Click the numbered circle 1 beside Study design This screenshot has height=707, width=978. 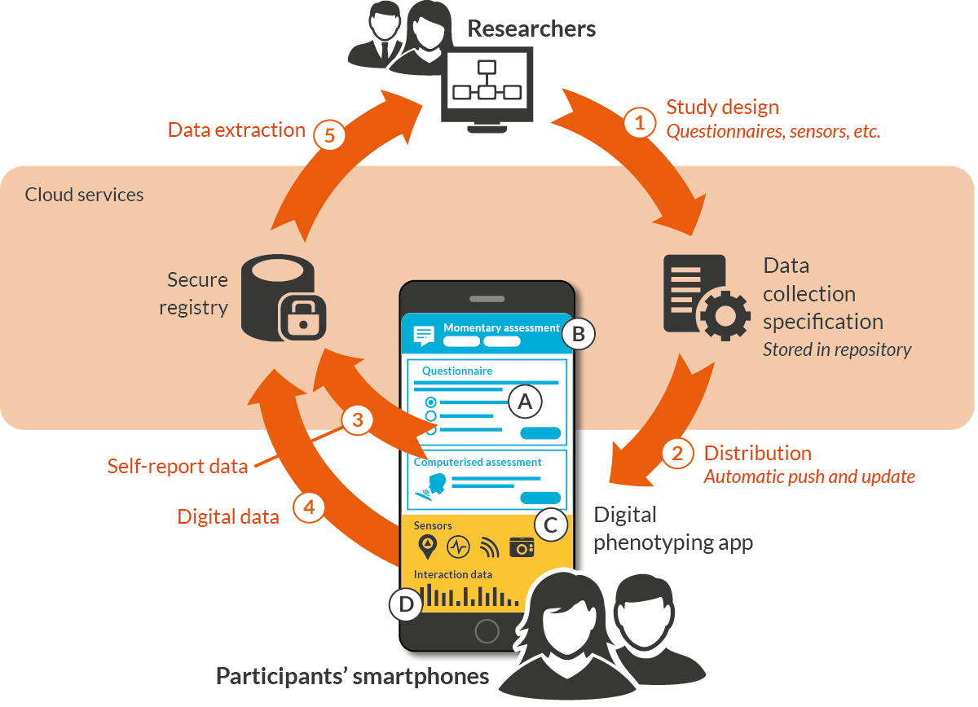639,122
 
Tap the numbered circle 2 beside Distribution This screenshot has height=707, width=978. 677,454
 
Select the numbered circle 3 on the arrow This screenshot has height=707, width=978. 358,419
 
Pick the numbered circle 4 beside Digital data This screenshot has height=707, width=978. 309,507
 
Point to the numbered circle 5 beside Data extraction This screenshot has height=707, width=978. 329,135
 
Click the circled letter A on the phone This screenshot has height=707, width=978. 525,402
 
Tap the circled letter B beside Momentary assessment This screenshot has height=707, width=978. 578,334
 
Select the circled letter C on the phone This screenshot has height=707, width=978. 551,525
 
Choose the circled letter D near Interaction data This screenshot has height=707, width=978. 406,604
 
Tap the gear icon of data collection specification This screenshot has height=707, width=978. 725,315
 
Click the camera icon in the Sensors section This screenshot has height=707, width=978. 522,547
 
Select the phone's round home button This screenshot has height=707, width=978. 487,630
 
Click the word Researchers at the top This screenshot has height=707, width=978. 531,29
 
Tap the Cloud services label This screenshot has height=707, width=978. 84,195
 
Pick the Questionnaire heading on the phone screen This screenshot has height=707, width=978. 456,371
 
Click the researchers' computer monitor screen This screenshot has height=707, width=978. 487,81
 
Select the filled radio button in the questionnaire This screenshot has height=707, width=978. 430,402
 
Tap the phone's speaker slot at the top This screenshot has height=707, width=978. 487,299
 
